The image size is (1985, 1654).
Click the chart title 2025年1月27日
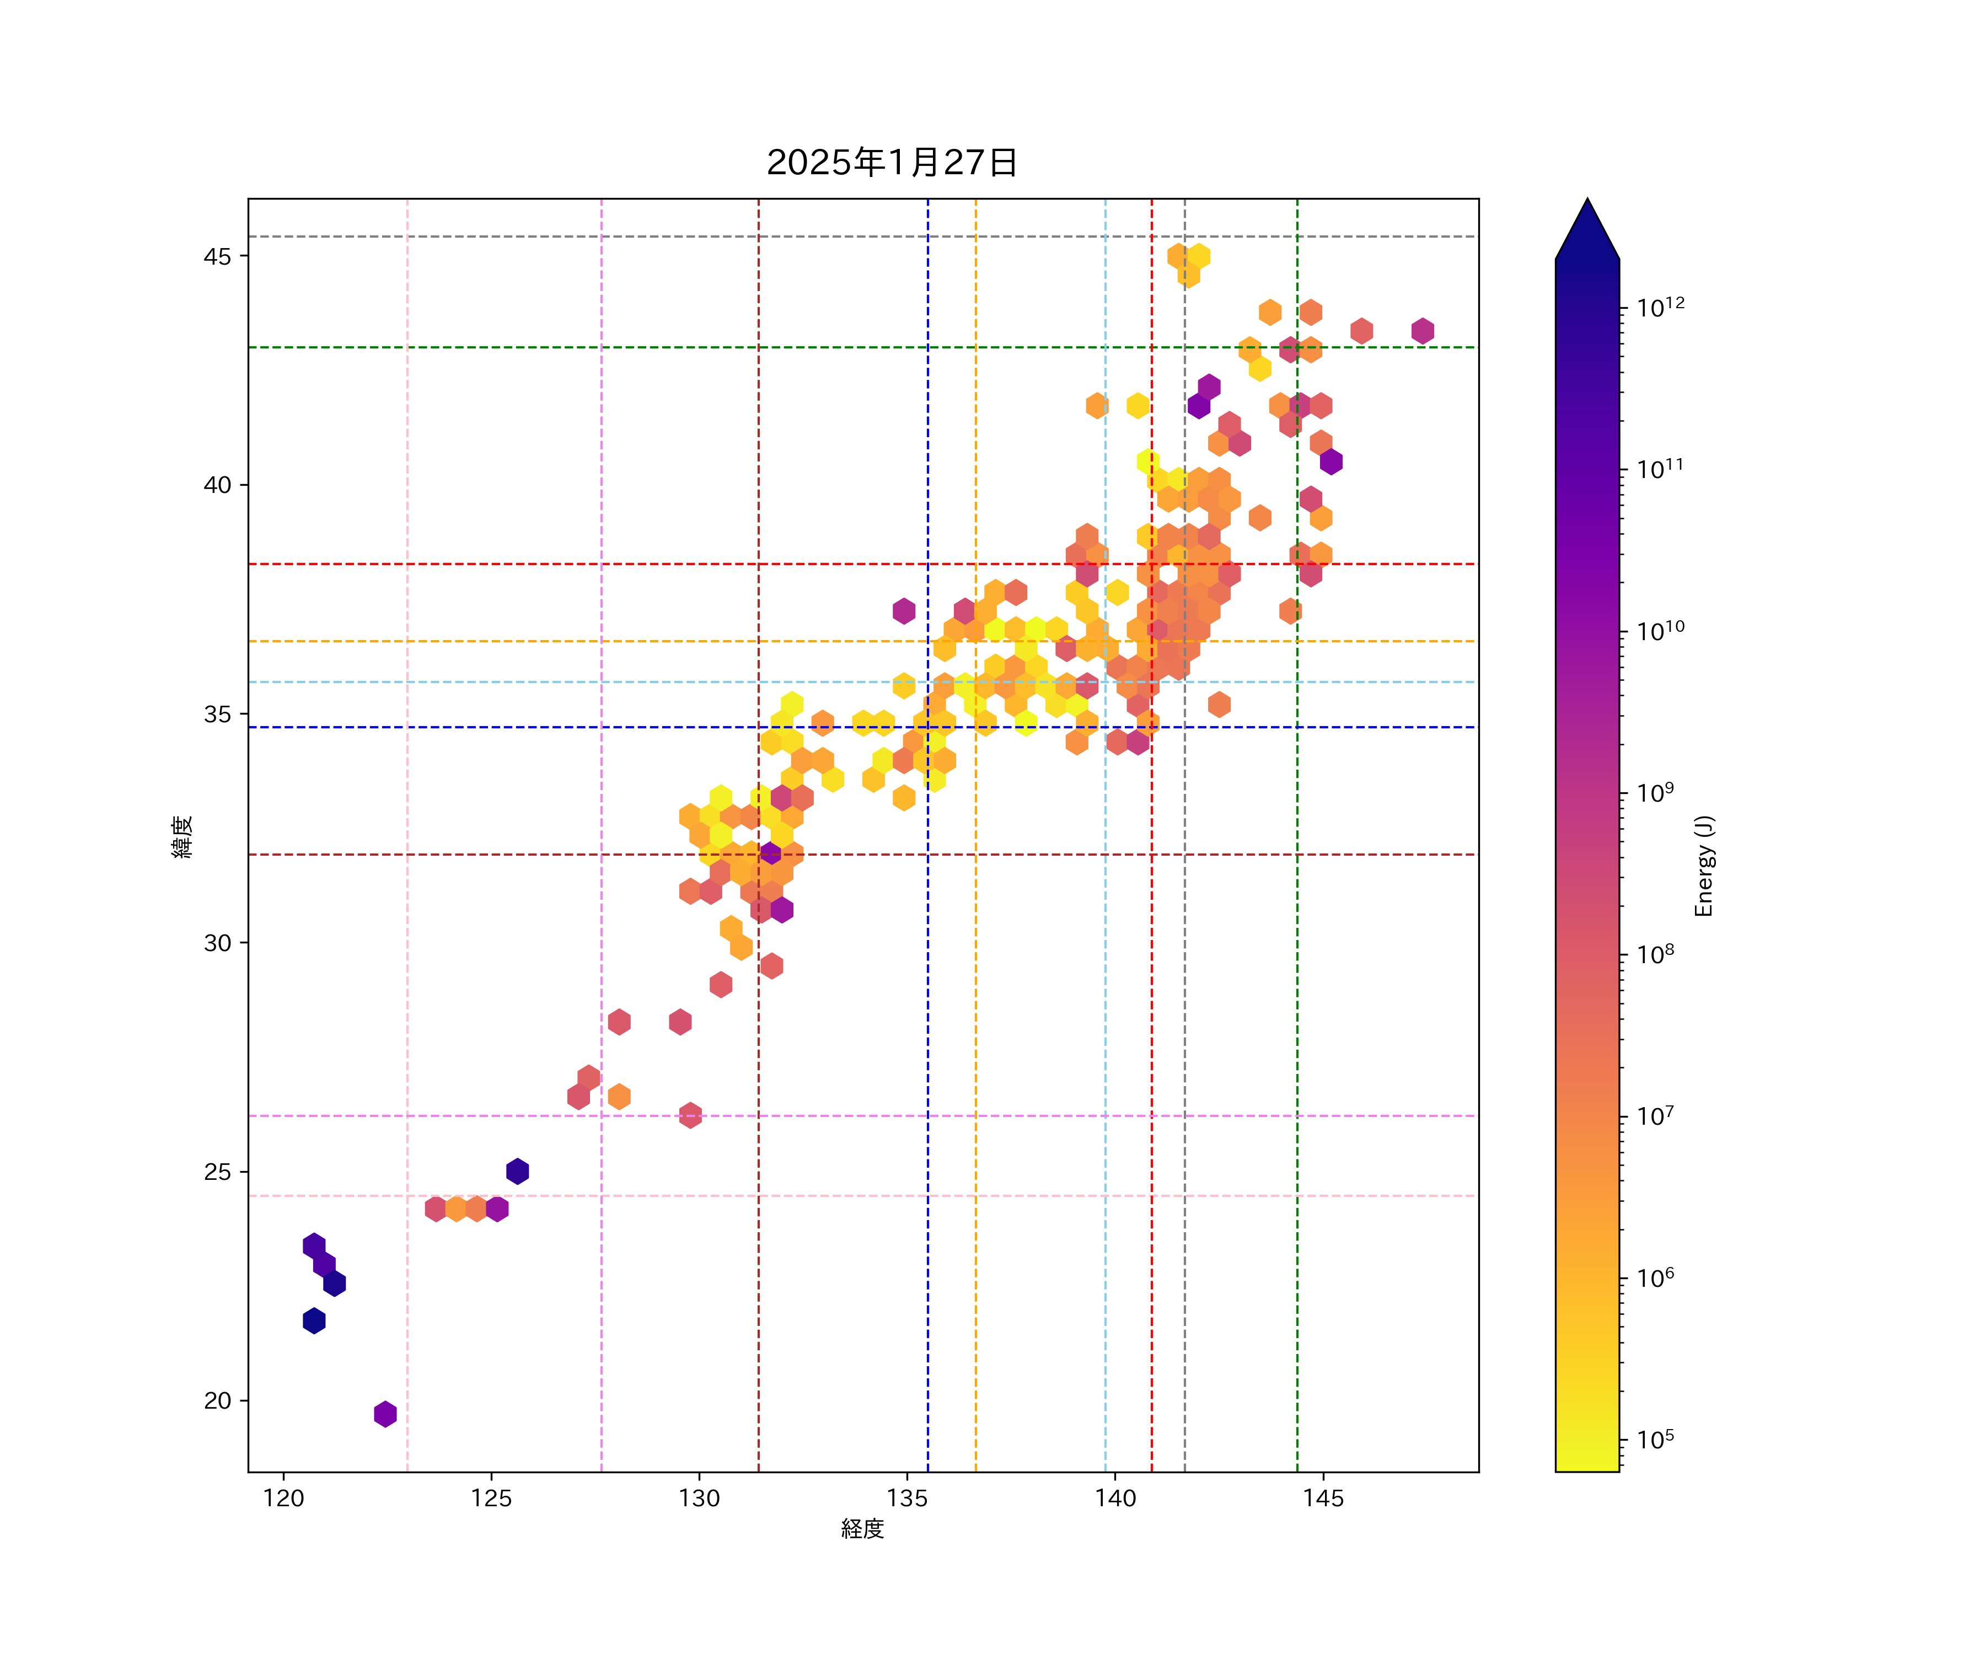pyautogui.click(x=892, y=163)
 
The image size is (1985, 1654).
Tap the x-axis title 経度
pyautogui.click(x=862, y=1528)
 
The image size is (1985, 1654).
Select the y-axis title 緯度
pyautogui.click(x=183, y=836)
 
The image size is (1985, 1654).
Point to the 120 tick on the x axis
pyautogui.click(x=283, y=1498)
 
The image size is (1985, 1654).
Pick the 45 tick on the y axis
pyautogui.click(x=217, y=256)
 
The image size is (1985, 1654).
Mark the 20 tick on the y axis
pyautogui.click(x=217, y=1401)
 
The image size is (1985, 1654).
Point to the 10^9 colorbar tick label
pyautogui.click(x=1656, y=792)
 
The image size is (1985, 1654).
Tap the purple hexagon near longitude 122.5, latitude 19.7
pyautogui.click(x=385, y=1414)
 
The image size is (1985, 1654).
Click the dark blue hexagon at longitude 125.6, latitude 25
pyautogui.click(x=517, y=1171)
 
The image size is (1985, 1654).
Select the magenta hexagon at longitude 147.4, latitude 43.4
pyautogui.click(x=1423, y=331)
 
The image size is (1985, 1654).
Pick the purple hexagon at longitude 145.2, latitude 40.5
pyautogui.click(x=1331, y=461)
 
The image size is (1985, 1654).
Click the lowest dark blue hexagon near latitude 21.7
pyautogui.click(x=314, y=1320)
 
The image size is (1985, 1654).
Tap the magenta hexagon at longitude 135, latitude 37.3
pyautogui.click(x=904, y=610)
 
